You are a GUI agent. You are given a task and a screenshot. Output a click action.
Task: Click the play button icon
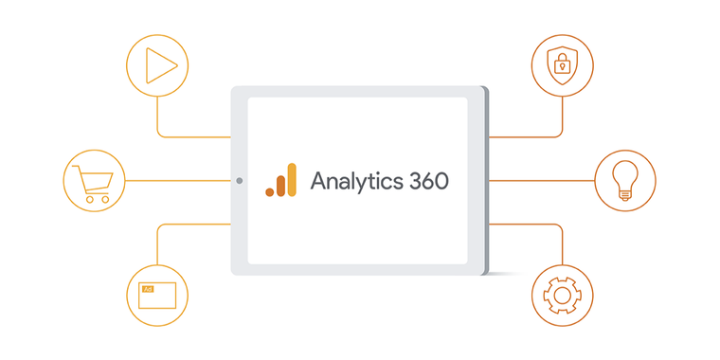157,65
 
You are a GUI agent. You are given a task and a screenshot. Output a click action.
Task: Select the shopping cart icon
94,180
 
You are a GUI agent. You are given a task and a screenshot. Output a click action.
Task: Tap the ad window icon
156,295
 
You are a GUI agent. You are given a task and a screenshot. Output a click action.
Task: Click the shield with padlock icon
563,65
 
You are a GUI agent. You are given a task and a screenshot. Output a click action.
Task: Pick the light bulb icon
624,180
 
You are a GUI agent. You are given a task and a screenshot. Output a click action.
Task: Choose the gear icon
563,295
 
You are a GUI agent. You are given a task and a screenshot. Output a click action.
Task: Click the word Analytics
355,181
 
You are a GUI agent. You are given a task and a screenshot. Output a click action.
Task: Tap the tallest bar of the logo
292,179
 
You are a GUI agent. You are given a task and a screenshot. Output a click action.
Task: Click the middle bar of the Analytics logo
280,185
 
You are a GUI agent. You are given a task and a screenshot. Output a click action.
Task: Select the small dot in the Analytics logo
269,191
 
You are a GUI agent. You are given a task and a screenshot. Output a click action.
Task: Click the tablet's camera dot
239,180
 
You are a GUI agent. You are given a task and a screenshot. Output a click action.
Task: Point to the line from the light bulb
540,180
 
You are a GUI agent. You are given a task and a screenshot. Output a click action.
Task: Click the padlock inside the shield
563,66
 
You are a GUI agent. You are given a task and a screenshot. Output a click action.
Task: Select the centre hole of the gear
563,295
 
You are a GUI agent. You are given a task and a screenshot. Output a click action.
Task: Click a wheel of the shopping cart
89,199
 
